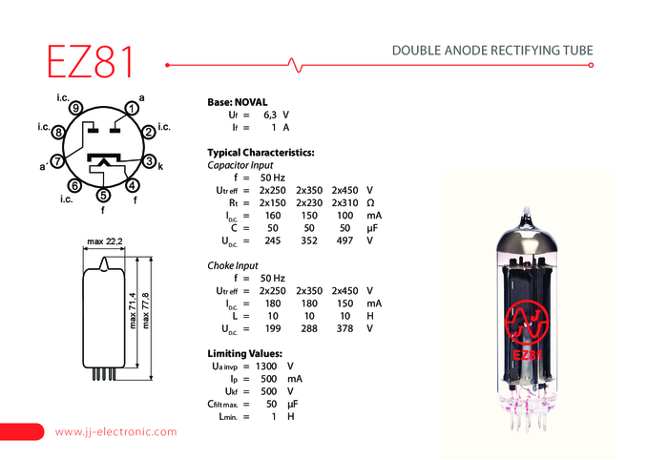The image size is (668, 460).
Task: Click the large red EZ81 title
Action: click(90, 61)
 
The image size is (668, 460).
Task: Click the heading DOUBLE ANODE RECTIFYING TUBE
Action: click(492, 51)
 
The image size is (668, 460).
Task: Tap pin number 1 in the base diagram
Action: click(132, 109)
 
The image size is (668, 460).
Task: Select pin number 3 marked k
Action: click(149, 161)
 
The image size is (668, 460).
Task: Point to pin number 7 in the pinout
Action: click(57, 161)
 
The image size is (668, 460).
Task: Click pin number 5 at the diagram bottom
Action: click(103, 196)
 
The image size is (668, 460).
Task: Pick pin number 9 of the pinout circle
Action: click(75, 108)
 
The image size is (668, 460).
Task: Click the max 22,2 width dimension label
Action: click(105, 241)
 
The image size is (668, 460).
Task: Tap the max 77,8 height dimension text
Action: click(146, 310)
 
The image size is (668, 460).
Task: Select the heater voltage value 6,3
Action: click(270, 115)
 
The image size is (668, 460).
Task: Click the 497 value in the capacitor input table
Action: click(344, 240)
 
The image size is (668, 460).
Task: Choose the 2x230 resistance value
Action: click(309, 202)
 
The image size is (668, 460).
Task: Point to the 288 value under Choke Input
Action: click(309, 329)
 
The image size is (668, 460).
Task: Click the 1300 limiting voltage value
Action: click(266, 366)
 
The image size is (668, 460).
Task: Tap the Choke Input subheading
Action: click(233, 265)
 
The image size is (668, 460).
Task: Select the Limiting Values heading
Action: click(244, 353)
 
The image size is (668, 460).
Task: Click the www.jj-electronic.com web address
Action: click(115, 432)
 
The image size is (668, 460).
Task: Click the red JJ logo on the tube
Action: click(526, 322)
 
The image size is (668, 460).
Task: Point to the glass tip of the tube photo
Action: click(527, 211)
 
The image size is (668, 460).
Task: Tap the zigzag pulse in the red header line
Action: click(295, 65)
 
